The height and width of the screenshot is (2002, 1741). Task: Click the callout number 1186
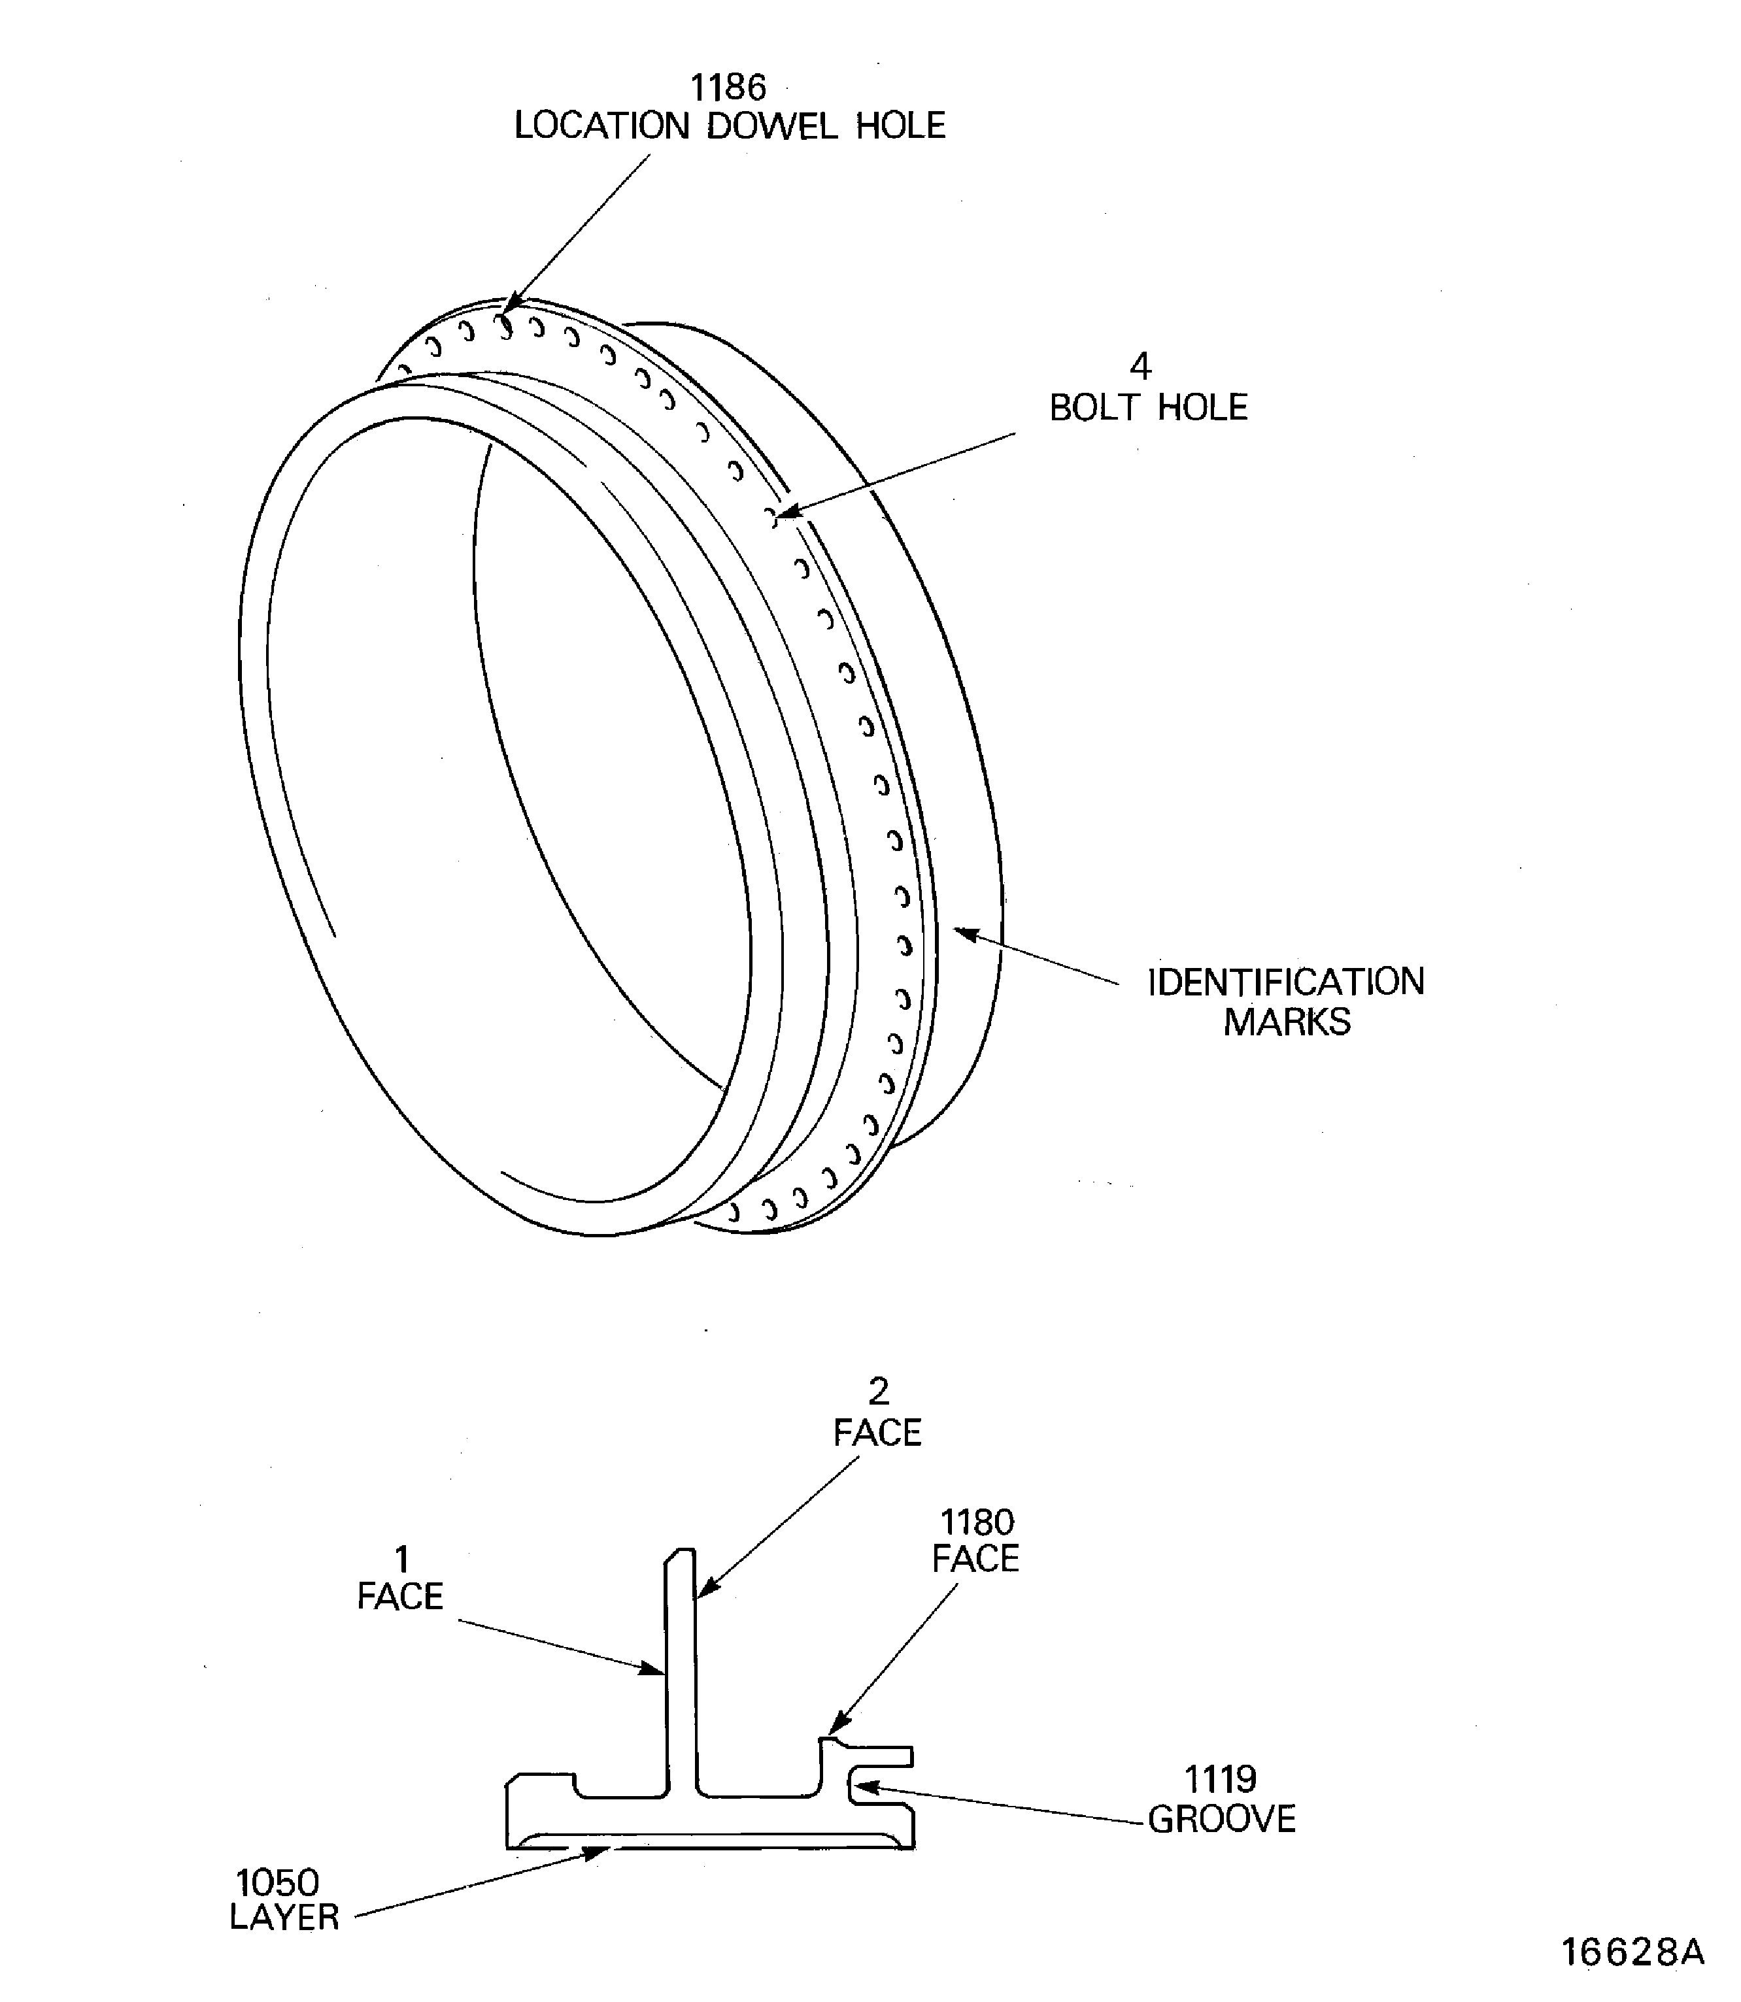[728, 88]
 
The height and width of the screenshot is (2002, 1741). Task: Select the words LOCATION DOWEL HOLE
[729, 126]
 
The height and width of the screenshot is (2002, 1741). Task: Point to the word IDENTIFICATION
[1285, 982]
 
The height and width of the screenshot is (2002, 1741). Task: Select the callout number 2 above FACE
[877, 1392]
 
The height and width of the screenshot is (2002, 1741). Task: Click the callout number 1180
[976, 1522]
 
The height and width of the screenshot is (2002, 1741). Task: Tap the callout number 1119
[1219, 1780]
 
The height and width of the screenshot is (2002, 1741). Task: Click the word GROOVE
[1221, 1820]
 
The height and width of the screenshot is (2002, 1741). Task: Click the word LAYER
[284, 1918]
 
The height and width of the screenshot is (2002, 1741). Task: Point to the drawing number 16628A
[1632, 1952]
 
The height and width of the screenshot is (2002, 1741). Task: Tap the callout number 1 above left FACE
[401, 1559]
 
